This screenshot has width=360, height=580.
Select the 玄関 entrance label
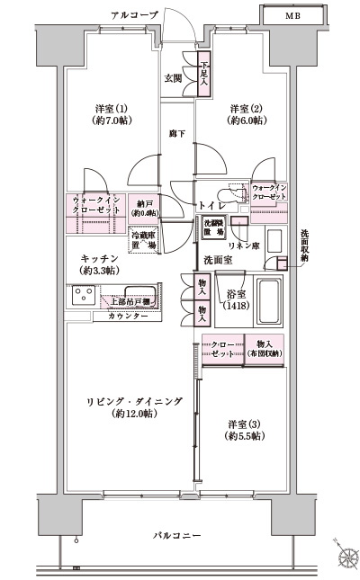tap(174, 79)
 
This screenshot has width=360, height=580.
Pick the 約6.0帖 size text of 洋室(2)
tap(246, 119)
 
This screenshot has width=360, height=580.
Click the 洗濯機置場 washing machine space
tap(211, 228)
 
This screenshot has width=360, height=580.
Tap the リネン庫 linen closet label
tap(244, 245)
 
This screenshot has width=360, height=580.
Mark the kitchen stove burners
tap(83, 296)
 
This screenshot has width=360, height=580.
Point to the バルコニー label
tap(177, 537)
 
